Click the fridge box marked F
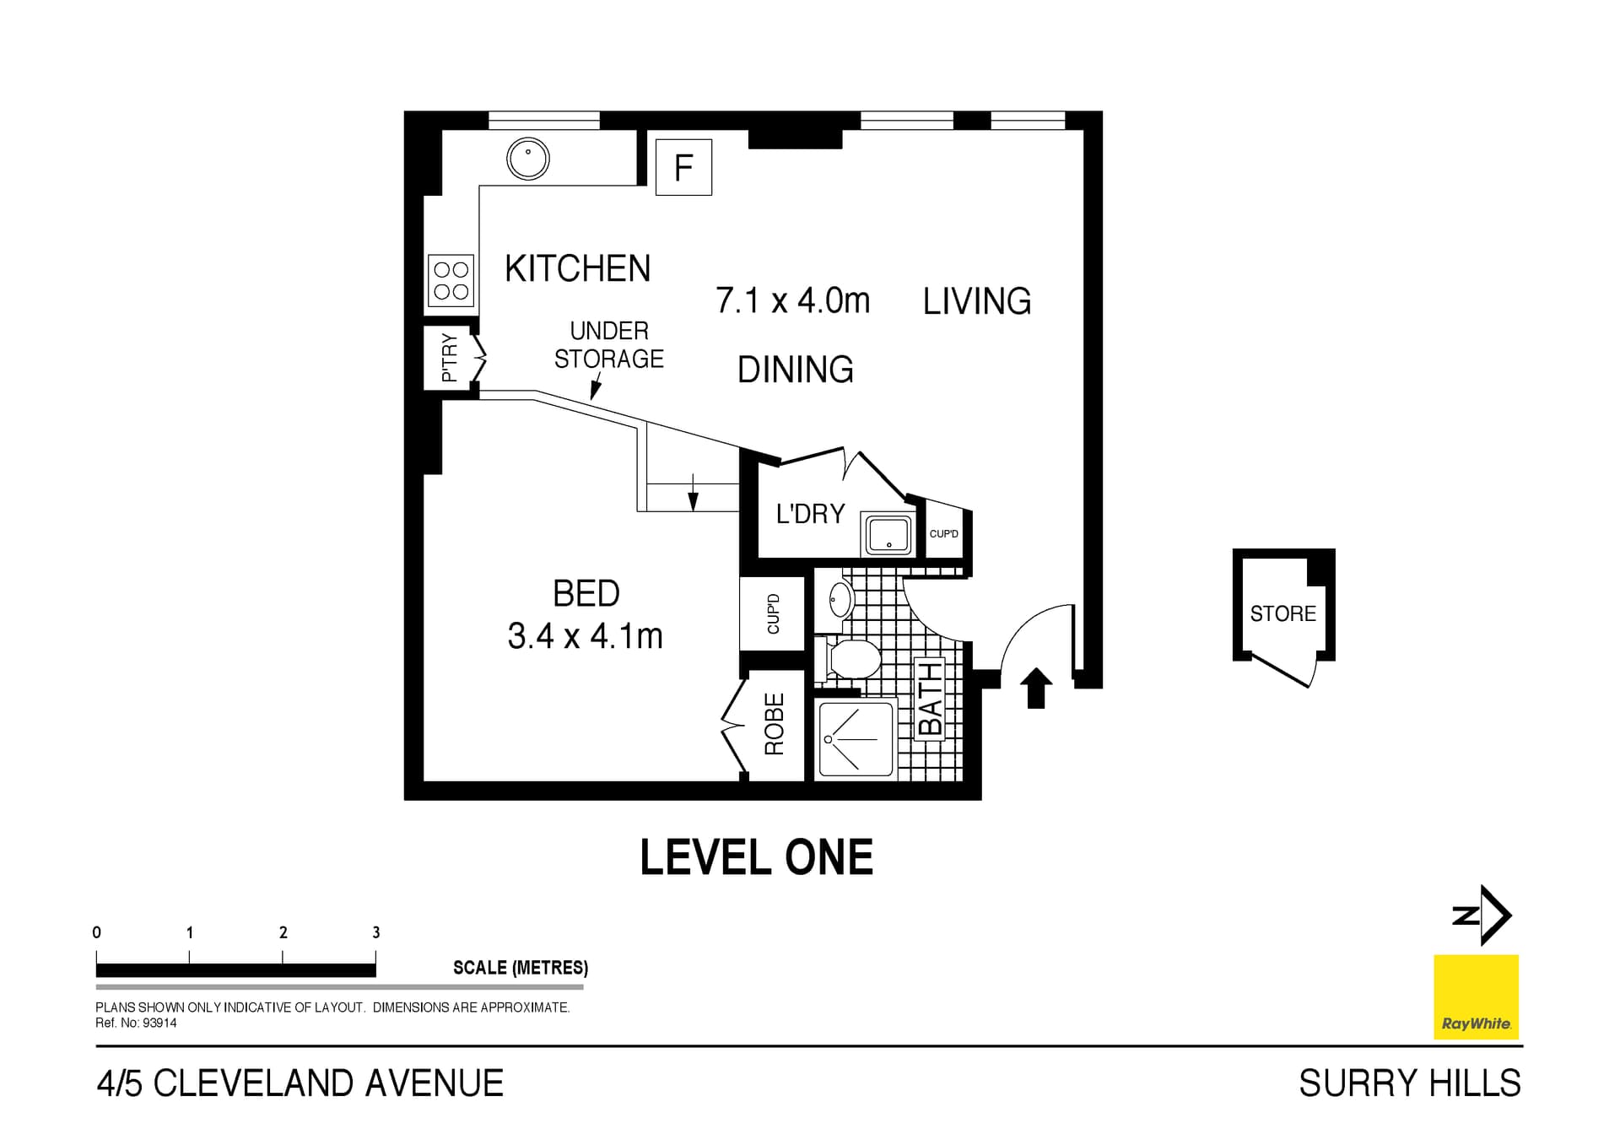point(683,167)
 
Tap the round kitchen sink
point(528,158)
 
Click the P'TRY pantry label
point(450,357)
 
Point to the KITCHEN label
point(577,269)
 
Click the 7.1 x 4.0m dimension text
point(792,300)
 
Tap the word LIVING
point(976,301)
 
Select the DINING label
point(795,370)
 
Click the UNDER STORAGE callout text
point(608,345)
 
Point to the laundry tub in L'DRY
point(888,534)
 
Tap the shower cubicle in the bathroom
point(855,738)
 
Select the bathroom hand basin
point(840,600)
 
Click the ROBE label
point(774,724)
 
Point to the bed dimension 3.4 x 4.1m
point(585,636)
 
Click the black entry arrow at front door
point(1036,687)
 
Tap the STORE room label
point(1282,613)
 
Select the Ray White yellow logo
point(1476,996)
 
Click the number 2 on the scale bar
point(283,932)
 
